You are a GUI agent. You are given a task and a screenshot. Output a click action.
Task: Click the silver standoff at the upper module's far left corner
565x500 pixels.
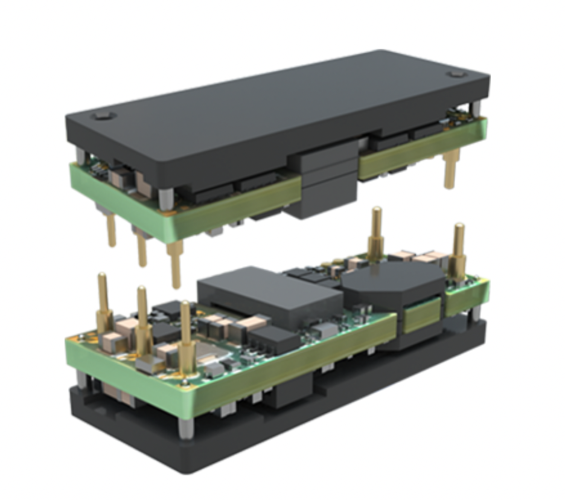pyautogui.click(x=80, y=156)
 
